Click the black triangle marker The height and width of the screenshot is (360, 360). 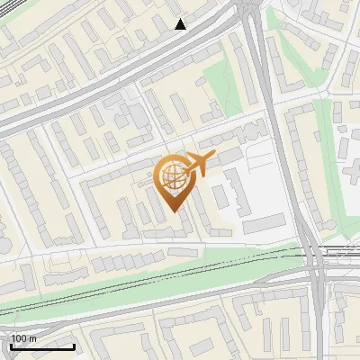pyautogui.click(x=181, y=23)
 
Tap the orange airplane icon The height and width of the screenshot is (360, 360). pyautogui.click(x=199, y=164)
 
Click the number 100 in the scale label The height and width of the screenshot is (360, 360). pyautogui.click(x=19, y=338)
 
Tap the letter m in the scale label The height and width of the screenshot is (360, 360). pyautogui.click(x=32, y=338)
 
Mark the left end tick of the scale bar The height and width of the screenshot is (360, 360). pyautogui.click(x=10, y=345)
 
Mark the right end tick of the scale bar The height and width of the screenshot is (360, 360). pyautogui.click(x=74, y=345)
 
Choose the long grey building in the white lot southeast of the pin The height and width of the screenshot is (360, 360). pyautogui.click(x=261, y=220)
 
